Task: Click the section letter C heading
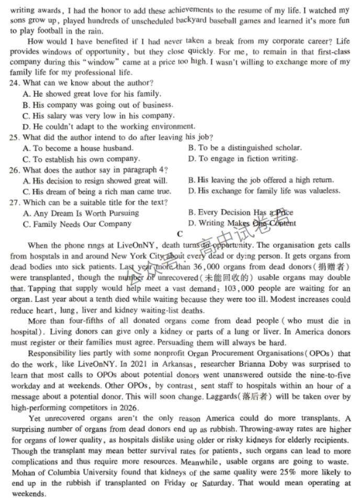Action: coord(180,234)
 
